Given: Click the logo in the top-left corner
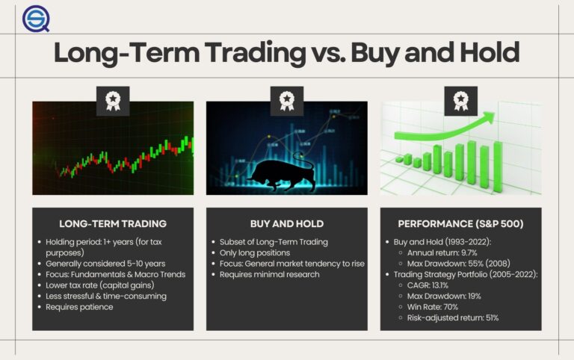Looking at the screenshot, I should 34,19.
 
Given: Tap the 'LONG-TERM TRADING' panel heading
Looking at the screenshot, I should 112,223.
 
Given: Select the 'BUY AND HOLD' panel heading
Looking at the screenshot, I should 286,223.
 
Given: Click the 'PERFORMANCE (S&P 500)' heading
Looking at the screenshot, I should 460,223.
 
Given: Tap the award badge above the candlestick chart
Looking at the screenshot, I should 112,100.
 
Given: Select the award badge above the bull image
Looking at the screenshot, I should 286,100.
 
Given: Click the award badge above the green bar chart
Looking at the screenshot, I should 460,100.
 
